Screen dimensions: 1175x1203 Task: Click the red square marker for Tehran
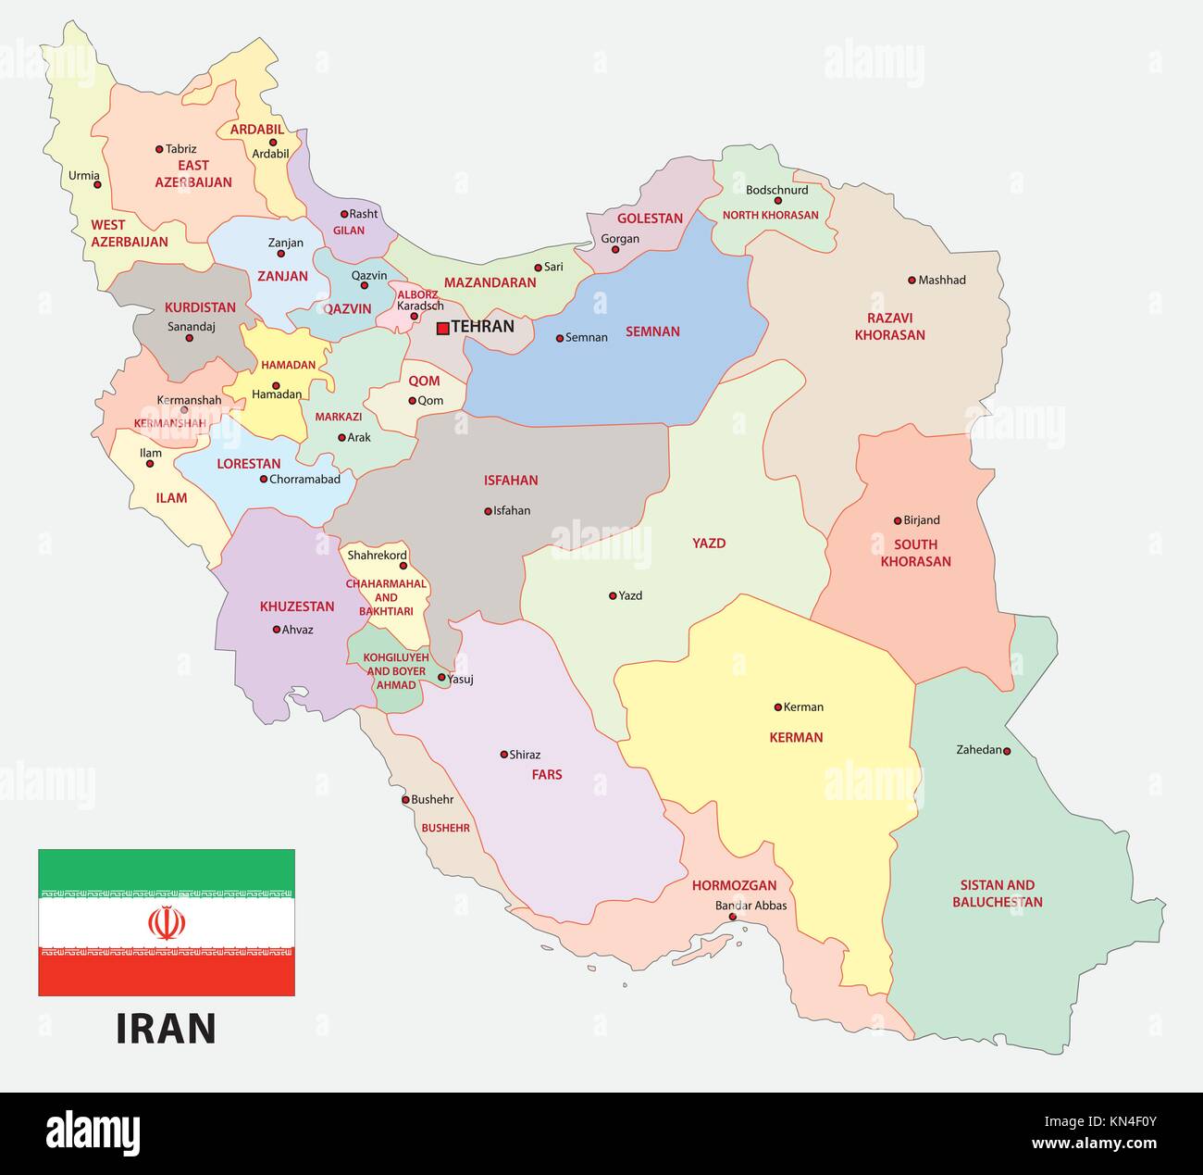coord(443,327)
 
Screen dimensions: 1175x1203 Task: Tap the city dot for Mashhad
coord(912,280)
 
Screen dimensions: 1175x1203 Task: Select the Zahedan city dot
coord(1007,751)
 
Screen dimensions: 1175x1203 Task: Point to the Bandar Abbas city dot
coord(733,918)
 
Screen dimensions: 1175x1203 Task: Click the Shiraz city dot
coord(504,755)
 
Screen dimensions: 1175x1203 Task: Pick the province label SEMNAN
coord(652,331)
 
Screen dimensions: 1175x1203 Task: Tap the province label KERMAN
coord(796,738)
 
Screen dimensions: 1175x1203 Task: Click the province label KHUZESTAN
coord(297,606)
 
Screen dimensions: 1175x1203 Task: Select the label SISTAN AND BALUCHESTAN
coord(998,894)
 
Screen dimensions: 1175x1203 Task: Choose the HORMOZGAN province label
coord(735,886)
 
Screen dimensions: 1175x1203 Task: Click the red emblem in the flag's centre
coord(167,922)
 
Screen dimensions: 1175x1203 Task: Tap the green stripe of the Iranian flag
coord(167,865)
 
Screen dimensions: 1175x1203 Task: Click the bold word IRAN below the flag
coord(166,1029)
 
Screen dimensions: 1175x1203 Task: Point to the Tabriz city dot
coord(159,149)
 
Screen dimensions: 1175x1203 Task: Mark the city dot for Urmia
coord(97,184)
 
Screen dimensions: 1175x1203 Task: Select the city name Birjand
coord(921,520)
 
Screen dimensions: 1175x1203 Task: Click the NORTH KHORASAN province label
coord(771,215)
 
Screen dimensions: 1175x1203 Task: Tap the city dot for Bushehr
coord(405,800)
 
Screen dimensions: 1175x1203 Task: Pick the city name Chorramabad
coord(304,480)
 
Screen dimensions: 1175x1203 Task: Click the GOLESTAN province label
coord(650,219)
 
